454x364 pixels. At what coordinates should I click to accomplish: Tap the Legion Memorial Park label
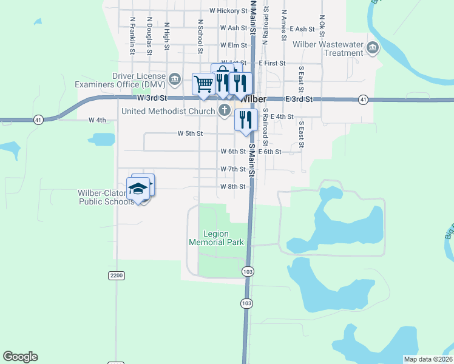217,238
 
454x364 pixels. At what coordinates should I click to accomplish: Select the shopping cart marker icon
203,84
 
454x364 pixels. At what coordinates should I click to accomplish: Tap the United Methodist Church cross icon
225,110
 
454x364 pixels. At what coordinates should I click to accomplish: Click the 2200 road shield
117,275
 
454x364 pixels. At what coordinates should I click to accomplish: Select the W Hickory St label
229,11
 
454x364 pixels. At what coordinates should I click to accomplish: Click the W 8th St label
232,187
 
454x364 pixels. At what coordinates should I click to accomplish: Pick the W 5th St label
190,133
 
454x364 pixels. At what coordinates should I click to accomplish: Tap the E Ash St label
303,29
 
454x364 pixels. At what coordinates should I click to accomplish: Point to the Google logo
20,357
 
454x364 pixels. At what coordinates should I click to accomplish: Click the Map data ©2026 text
428,359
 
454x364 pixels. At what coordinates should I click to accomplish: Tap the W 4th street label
97,120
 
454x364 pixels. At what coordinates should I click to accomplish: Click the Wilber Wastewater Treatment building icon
373,47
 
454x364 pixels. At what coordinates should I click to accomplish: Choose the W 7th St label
232,169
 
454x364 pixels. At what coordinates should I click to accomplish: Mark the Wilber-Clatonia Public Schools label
105,198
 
